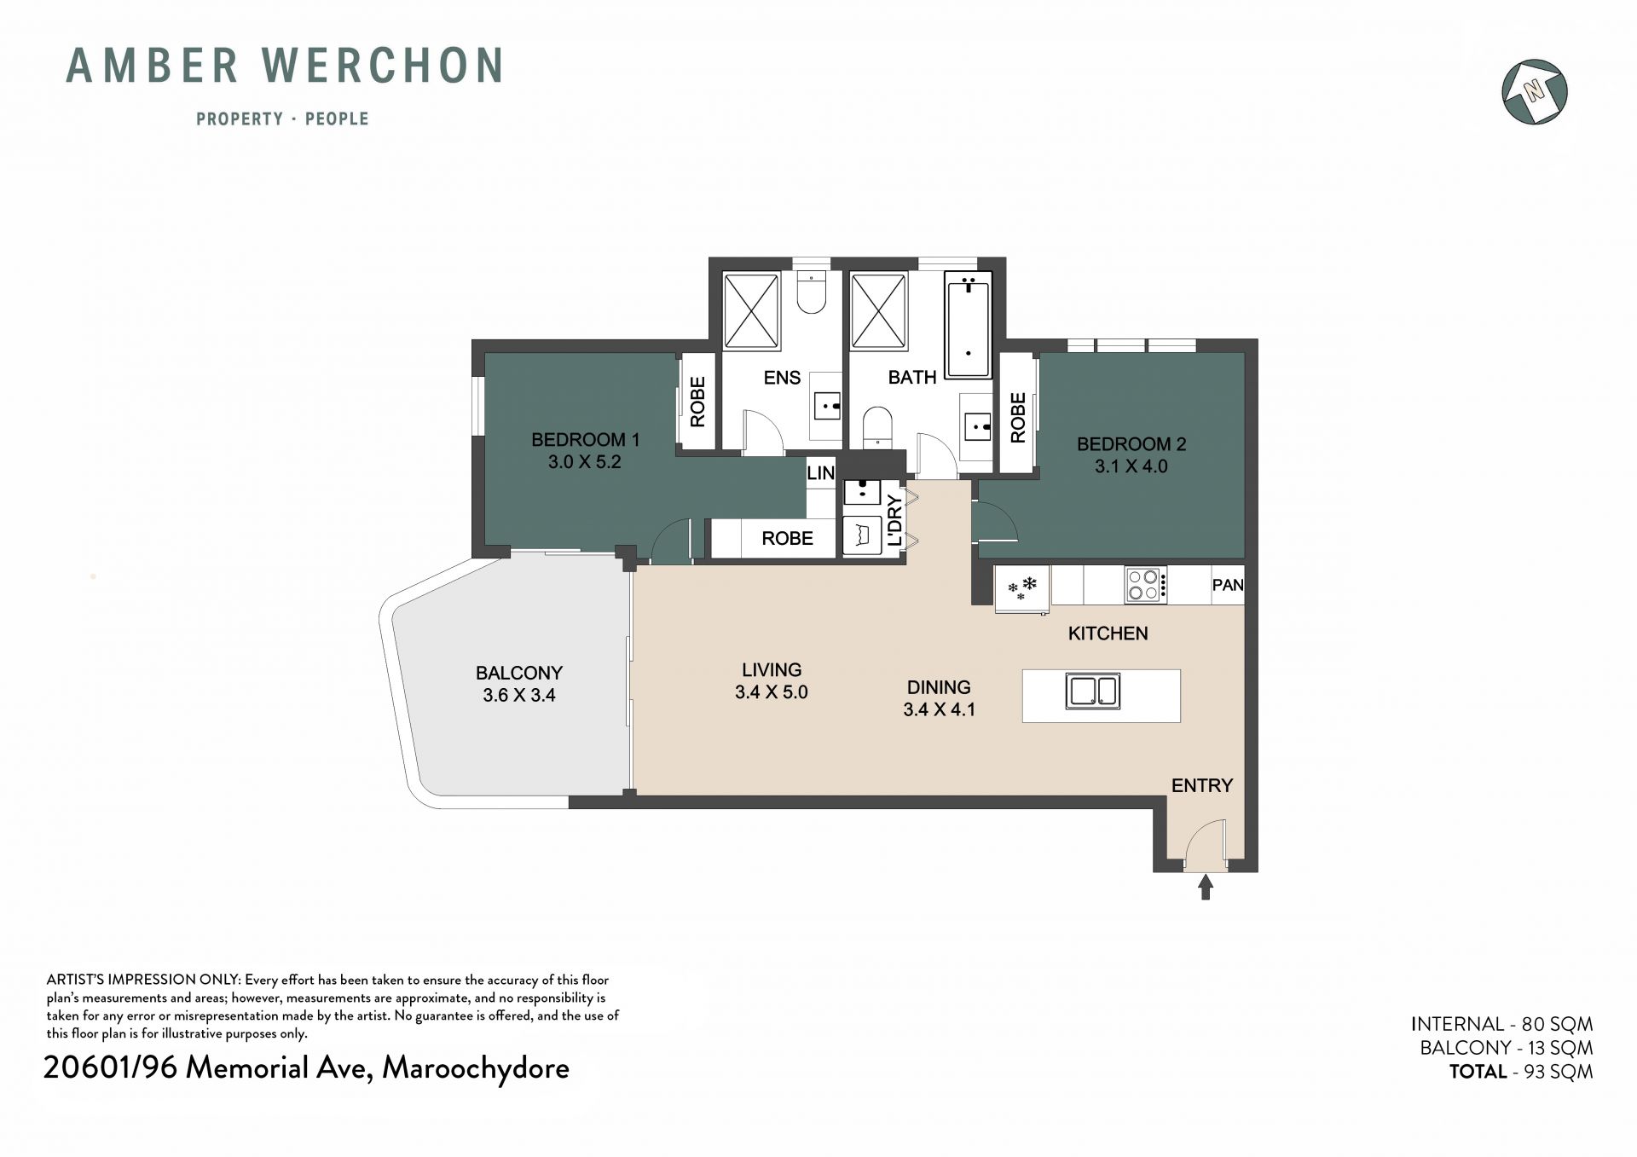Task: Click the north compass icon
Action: pos(1535,91)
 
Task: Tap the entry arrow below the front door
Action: pos(1206,887)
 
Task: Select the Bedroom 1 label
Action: pos(585,440)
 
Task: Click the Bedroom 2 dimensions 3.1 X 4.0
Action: pos(1131,466)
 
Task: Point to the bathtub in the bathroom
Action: pos(968,325)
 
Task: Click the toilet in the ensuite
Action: pos(811,292)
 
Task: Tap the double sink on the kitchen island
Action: pos(1092,691)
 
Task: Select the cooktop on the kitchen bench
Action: pos(1145,586)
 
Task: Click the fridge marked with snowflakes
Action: pos(1021,588)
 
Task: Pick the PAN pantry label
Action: pos(1228,585)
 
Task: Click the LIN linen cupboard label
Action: pos(820,473)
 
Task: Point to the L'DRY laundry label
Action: pos(894,520)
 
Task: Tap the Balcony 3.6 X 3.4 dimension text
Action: pos(519,695)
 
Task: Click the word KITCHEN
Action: pos(1108,633)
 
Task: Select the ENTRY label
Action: pos(1202,785)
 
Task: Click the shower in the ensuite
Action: pos(751,311)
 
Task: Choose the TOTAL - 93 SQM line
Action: pos(1521,1072)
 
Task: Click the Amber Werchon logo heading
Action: pos(285,66)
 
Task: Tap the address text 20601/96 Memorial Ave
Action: pos(206,1068)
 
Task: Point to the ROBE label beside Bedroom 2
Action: pos(1018,418)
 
